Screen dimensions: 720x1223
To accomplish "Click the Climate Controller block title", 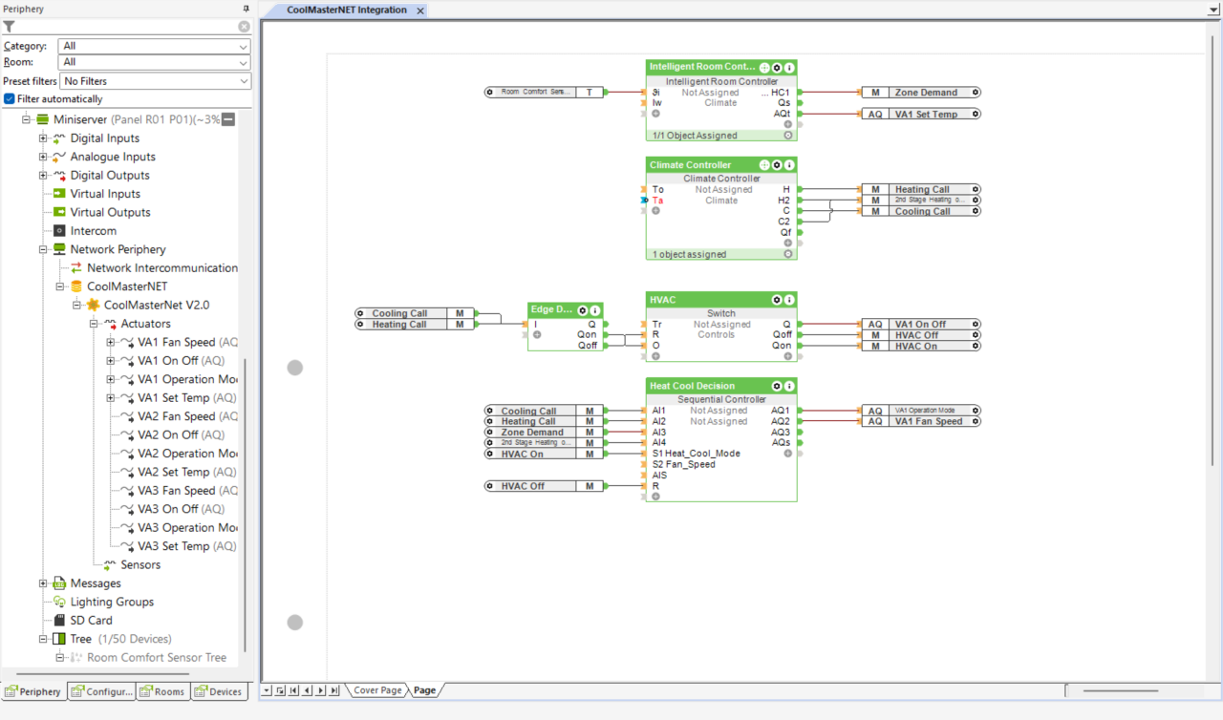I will [x=691, y=165].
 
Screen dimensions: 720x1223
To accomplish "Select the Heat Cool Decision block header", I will [x=694, y=386].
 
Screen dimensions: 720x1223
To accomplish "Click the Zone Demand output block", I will [x=925, y=93].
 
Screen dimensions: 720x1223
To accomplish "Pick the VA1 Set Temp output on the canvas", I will [x=925, y=115].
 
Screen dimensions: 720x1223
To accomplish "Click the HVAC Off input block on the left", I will [x=530, y=486].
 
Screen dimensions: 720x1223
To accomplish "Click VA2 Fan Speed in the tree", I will [x=176, y=416].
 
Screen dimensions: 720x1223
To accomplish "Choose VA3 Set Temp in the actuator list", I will [x=173, y=546].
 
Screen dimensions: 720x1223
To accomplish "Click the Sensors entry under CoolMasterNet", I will [x=140, y=564].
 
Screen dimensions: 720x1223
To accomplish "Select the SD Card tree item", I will [x=91, y=620].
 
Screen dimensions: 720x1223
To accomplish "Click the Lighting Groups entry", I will [x=111, y=602].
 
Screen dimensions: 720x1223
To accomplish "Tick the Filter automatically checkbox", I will [x=10, y=99].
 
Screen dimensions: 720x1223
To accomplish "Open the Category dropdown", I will [x=154, y=46].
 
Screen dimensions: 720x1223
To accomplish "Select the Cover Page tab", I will [x=377, y=690].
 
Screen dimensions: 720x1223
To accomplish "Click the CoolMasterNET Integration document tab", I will [x=347, y=10].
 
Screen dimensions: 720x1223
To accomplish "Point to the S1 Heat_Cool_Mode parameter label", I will [x=696, y=454].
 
